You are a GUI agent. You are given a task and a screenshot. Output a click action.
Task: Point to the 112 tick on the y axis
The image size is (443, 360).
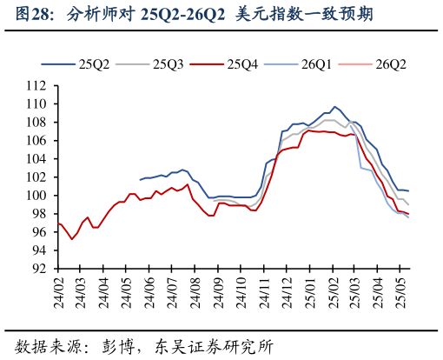(x=37, y=85)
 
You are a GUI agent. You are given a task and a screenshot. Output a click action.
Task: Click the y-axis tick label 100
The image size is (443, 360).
(x=37, y=196)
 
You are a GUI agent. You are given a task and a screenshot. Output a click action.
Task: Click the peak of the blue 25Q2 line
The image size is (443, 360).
(x=335, y=106)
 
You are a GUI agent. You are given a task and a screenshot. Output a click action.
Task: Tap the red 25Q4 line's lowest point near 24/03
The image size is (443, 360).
(x=72, y=239)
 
